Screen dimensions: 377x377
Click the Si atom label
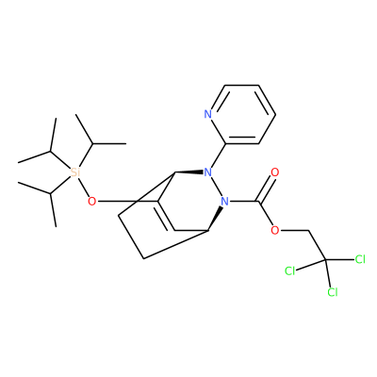(74, 172)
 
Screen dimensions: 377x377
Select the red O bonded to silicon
(91, 201)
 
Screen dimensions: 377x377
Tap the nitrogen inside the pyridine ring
(208, 114)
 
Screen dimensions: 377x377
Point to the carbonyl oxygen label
(275, 172)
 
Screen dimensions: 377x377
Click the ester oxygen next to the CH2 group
(275, 230)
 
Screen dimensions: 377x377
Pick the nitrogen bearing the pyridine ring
(208, 172)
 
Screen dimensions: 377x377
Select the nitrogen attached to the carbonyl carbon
(224, 201)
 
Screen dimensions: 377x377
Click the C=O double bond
(267, 188)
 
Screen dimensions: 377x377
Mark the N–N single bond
(217, 187)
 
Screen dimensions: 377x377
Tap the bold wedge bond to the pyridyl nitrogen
(189, 172)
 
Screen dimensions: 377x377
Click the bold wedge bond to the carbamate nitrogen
(215, 219)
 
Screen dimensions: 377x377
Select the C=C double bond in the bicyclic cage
(165, 216)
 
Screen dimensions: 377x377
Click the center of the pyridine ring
(241, 114)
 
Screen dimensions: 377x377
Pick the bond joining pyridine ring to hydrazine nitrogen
(219, 156)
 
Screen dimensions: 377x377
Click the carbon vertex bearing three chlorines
(325, 259)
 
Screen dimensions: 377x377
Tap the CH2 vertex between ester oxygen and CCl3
(309, 231)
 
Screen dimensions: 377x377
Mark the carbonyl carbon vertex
(258, 201)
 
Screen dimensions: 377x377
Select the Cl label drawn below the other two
(333, 292)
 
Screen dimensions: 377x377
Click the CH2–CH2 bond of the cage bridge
(131, 238)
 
